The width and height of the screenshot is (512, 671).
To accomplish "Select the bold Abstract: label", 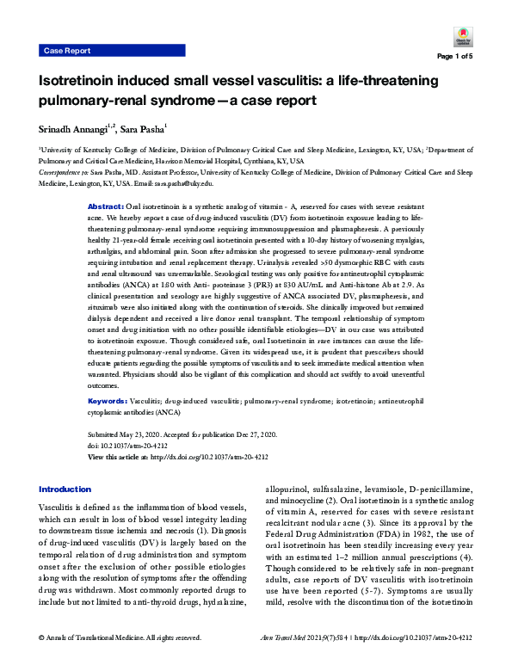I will click(107, 208).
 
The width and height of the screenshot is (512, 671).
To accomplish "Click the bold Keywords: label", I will click(109, 401).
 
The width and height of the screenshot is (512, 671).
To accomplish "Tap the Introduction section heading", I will click(65, 489).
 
